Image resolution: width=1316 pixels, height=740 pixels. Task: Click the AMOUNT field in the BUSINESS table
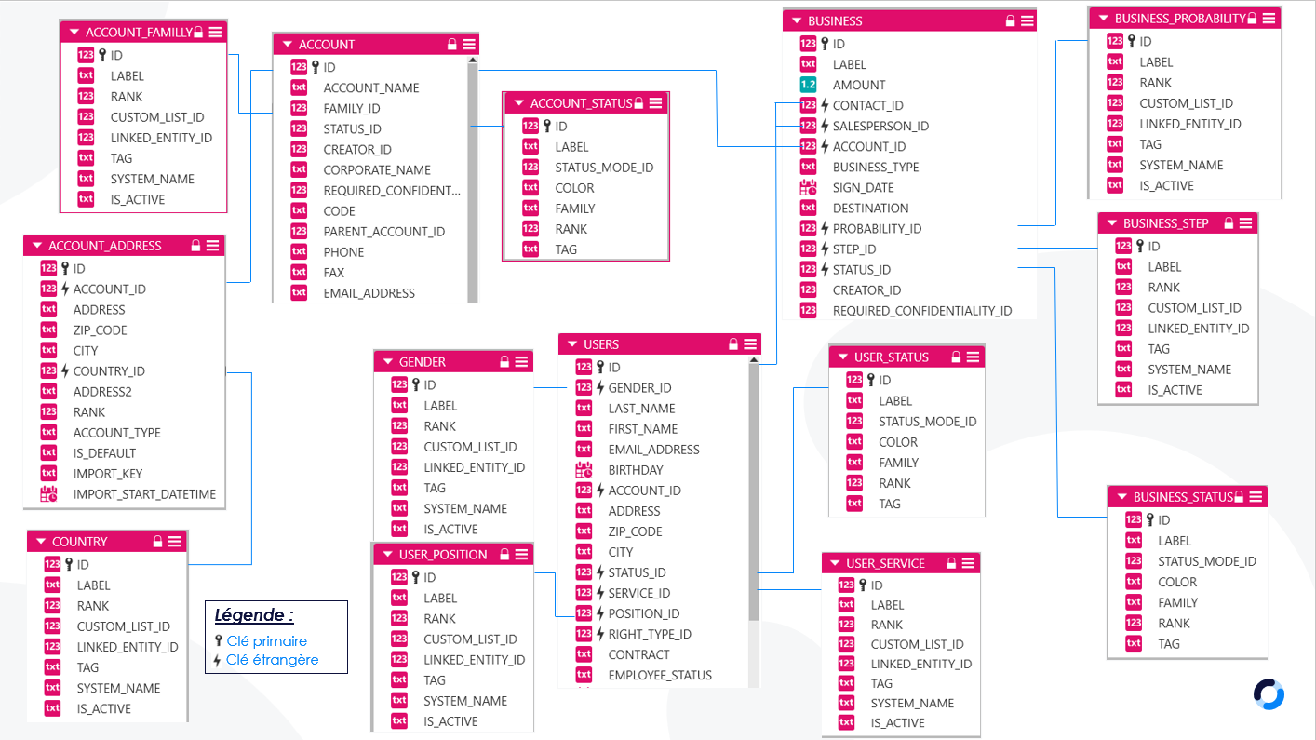coord(858,85)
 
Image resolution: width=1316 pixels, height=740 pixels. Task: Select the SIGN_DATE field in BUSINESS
coord(863,187)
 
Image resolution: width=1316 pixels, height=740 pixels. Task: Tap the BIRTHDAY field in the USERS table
coord(635,470)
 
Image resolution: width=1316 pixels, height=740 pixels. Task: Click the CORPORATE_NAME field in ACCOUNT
coord(377,169)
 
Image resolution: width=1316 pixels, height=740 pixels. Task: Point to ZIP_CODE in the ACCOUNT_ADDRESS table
coord(100,330)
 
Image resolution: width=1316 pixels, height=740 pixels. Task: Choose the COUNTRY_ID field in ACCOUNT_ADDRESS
coord(109,370)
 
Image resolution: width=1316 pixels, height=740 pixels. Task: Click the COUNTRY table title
coord(79,542)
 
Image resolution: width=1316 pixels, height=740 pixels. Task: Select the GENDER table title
coord(423,361)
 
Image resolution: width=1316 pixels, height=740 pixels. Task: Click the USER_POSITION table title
coord(443,554)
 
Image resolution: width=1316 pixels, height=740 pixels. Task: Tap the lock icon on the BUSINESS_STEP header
coord(1229,222)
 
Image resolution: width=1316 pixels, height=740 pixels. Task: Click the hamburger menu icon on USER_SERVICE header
coord(969,563)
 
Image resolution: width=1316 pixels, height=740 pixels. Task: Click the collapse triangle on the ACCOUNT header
coord(288,44)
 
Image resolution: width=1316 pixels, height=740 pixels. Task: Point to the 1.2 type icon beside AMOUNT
coord(809,85)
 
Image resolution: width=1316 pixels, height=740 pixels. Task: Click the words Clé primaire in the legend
coord(267,640)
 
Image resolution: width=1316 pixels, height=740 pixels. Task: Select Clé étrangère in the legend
coord(272,659)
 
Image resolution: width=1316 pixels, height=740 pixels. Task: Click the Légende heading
coord(254,615)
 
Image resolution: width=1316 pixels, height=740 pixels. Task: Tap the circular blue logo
coord(1269,694)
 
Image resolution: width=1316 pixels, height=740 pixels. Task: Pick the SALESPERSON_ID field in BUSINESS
coord(880,126)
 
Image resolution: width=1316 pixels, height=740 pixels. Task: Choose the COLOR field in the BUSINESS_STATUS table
coord(1176,582)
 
